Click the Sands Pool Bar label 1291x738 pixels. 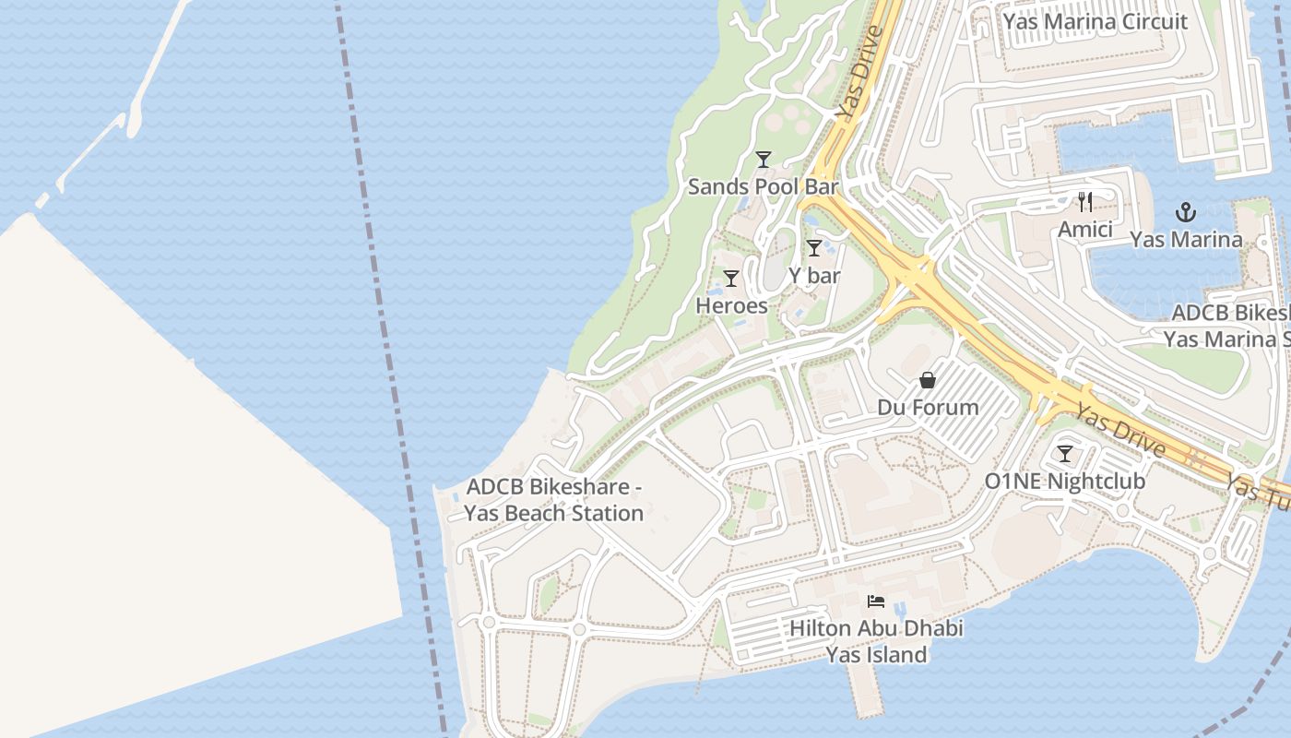click(x=763, y=186)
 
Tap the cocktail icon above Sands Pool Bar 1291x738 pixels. click(x=763, y=160)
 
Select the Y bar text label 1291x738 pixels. click(x=814, y=275)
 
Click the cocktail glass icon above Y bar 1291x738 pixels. click(x=814, y=248)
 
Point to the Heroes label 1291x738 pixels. click(x=731, y=305)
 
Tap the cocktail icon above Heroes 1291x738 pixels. click(x=731, y=279)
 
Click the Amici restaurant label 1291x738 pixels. click(x=1085, y=229)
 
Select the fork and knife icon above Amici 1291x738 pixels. click(x=1085, y=202)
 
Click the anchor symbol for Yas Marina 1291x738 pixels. click(x=1186, y=213)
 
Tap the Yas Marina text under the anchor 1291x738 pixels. click(x=1186, y=240)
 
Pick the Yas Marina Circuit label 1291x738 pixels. click(x=1095, y=21)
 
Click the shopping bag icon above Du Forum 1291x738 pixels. click(x=928, y=380)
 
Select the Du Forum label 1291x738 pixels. click(x=928, y=407)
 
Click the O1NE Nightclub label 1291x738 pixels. click(x=1065, y=481)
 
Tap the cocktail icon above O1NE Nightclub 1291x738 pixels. click(x=1065, y=454)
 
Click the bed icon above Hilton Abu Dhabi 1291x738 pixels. click(x=876, y=601)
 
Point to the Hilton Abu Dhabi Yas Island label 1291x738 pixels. click(x=876, y=641)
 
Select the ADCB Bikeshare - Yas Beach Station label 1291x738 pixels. click(x=554, y=500)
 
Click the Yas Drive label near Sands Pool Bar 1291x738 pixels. click(x=859, y=72)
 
